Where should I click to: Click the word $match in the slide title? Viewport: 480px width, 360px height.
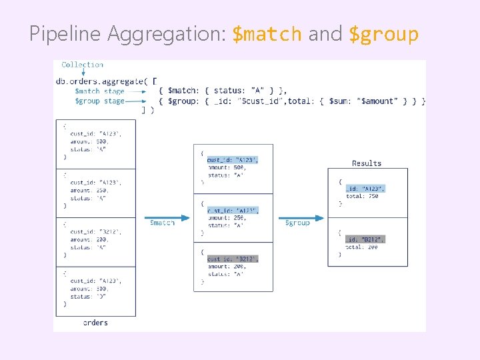(x=267, y=34)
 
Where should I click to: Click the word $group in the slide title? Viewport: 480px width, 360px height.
(x=384, y=34)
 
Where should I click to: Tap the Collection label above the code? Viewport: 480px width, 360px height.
(x=82, y=65)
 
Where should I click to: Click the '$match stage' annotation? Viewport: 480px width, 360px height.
(x=99, y=91)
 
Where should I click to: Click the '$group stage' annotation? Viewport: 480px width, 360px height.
(x=99, y=101)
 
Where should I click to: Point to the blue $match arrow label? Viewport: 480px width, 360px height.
(x=162, y=223)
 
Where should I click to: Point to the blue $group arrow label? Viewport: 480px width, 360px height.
(x=297, y=223)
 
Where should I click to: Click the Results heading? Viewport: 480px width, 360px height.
(x=367, y=163)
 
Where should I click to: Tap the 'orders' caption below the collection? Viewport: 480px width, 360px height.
(x=95, y=323)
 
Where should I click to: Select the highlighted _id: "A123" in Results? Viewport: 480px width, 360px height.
(x=365, y=189)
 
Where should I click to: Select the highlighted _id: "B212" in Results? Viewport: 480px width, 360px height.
(x=365, y=239)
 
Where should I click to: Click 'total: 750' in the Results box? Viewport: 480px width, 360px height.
(x=362, y=197)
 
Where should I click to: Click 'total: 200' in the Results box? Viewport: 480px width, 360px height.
(x=362, y=247)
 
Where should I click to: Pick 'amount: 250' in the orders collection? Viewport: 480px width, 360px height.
(x=89, y=190)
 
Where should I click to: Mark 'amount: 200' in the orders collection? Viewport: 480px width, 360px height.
(x=89, y=239)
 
